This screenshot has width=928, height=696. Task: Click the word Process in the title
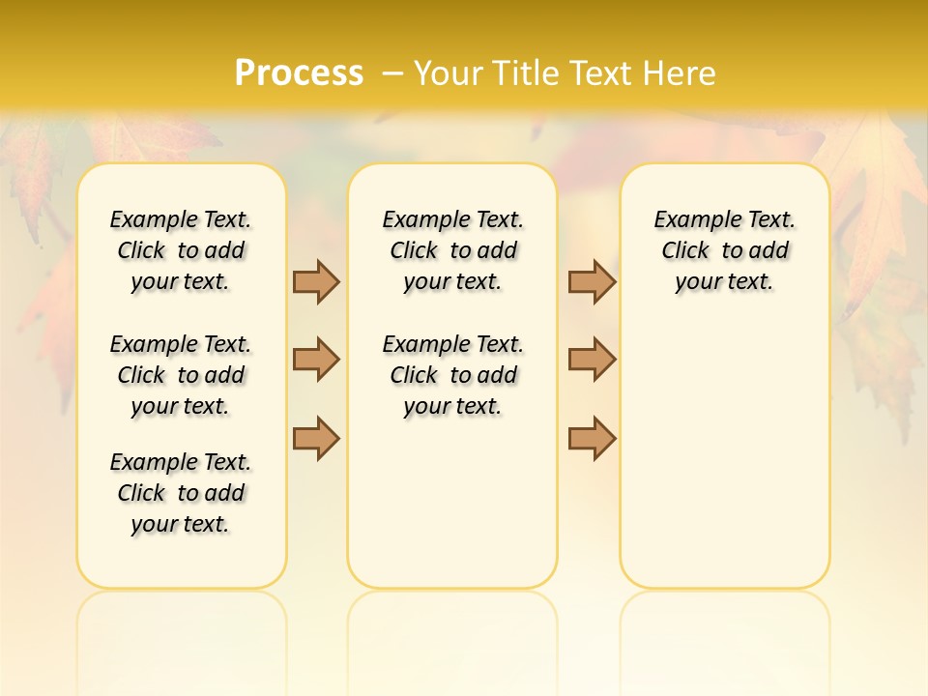[x=299, y=72]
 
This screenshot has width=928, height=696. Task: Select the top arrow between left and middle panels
[x=316, y=281]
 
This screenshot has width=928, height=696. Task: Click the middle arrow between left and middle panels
[x=316, y=360]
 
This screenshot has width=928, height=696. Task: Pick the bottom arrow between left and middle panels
[x=316, y=438]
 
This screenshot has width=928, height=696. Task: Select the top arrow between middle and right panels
[x=592, y=281]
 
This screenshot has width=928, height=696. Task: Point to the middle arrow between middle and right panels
[x=592, y=360]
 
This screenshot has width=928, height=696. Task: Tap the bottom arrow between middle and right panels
[x=592, y=438]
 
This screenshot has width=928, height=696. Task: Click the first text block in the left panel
[x=181, y=250]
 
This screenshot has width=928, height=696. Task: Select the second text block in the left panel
[x=181, y=375]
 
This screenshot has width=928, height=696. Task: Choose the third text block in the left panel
[x=181, y=493]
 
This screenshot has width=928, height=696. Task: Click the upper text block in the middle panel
[x=452, y=250]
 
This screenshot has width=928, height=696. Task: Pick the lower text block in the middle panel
[x=452, y=375]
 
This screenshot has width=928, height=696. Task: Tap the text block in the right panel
[x=724, y=250]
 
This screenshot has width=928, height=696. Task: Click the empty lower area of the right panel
[x=724, y=454]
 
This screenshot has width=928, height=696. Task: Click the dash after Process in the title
[x=392, y=73]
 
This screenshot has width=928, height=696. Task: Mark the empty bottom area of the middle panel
[x=452, y=512]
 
